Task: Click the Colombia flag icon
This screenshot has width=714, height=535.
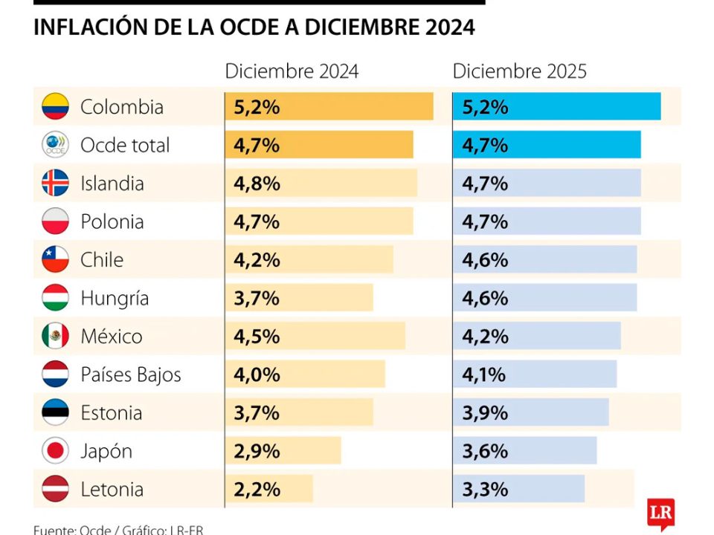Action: tap(55, 106)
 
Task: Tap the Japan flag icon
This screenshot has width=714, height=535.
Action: tap(55, 451)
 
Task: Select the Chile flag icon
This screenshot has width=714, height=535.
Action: tap(55, 259)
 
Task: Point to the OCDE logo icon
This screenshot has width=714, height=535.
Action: tap(55, 145)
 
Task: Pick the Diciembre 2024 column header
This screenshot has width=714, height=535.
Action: tap(292, 71)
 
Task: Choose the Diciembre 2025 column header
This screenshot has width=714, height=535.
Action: tap(519, 71)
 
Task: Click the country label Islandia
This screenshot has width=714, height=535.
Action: tap(112, 184)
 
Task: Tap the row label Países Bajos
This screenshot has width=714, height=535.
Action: tap(130, 374)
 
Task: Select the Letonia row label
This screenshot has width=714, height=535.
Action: tap(112, 490)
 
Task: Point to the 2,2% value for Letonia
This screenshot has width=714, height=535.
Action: tap(257, 490)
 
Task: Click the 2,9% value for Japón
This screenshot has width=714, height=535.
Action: tap(257, 451)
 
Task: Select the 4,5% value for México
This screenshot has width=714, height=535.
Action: tap(257, 337)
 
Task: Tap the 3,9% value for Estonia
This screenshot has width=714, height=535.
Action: tap(485, 413)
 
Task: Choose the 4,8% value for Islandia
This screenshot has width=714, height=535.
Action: tap(257, 184)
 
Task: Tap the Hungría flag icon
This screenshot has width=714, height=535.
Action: tap(55, 298)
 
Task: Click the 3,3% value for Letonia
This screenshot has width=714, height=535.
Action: tap(485, 490)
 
